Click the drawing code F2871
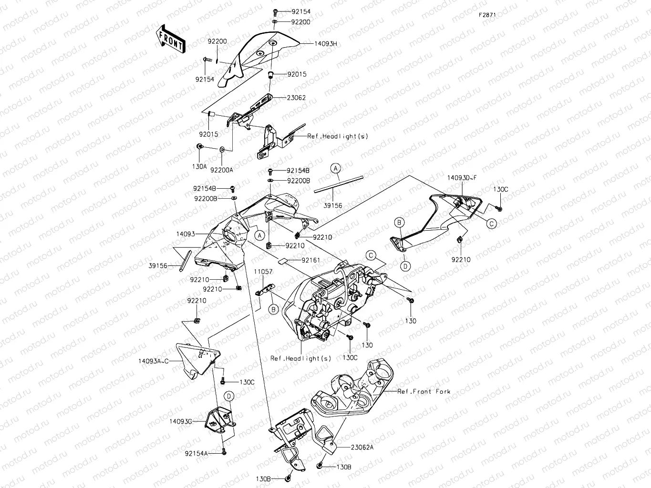pos(487,15)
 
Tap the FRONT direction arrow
pos(170,39)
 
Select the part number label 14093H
pos(325,43)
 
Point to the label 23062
pos(296,98)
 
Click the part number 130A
pos(199,166)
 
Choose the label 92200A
pos(222,170)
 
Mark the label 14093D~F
pos(461,178)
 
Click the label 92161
pos(310,261)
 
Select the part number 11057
pos(263,272)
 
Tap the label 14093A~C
pos(154,361)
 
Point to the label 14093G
pos(180,421)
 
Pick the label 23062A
pos(362,447)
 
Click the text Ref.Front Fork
pos(424,391)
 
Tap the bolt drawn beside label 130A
pos(201,146)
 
